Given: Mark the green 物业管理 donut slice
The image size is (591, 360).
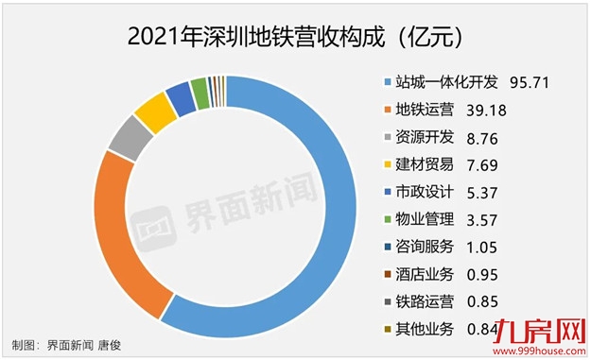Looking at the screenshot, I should pyautogui.click(x=199, y=90).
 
